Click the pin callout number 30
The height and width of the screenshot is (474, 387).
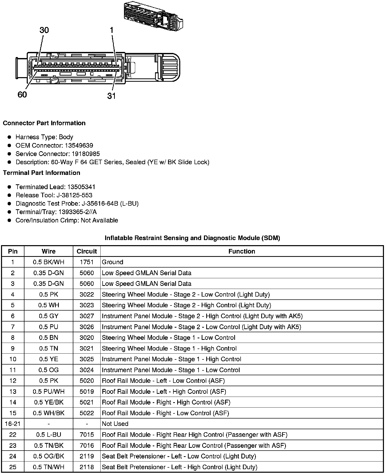point(44,30)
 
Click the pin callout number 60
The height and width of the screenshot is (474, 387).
point(22,95)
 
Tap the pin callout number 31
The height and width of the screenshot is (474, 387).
point(112,96)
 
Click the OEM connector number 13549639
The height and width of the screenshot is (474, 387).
point(79,145)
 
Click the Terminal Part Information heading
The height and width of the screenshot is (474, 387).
point(42,173)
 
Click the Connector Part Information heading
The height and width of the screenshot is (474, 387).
point(44,123)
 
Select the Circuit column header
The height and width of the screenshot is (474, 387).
point(87,251)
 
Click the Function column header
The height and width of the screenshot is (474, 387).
point(242,251)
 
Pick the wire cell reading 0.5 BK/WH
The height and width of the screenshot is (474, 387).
point(48,262)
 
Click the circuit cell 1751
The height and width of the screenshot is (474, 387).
point(87,262)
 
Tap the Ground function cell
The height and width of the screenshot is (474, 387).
point(113,262)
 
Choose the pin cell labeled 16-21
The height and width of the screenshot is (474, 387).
point(13,424)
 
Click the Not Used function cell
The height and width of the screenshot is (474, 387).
point(115,424)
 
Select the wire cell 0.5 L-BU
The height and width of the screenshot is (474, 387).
point(48,435)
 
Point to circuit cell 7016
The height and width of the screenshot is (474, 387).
point(87,445)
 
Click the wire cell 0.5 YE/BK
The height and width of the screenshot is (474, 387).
point(48,402)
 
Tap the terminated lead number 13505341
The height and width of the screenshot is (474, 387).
point(81,187)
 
